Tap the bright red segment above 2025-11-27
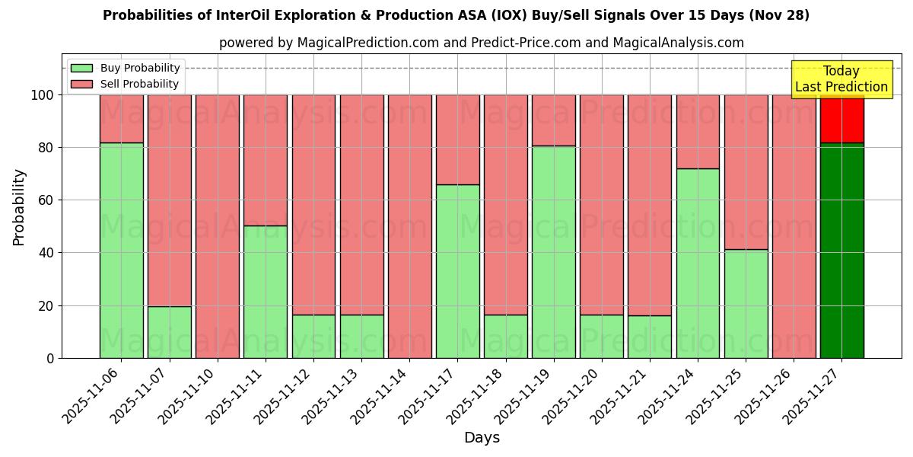tap(841, 119)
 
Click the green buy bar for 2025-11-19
tap(553, 251)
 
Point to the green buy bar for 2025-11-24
tap(698, 263)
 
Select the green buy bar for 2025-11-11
tap(266, 292)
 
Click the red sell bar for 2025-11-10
tap(218, 226)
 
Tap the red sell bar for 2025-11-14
tap(409, 226)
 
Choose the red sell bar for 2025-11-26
tap(794, 226)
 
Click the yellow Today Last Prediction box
tap(841, 79)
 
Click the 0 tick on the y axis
tap(50, 358)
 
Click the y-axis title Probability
tap(19, 206)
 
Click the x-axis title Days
tap(482, 438)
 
